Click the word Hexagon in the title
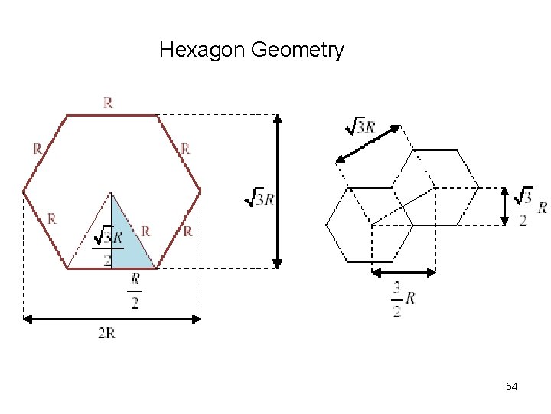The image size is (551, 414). click(202, 51)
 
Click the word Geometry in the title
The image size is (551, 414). click(297, 51)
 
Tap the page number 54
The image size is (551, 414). click(512, 387)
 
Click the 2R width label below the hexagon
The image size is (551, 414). click(106, 333)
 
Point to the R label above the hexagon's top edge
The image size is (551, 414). click(108, 103)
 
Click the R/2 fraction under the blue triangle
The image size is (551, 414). click(135, 291)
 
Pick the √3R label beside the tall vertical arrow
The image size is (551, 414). click(259, 198)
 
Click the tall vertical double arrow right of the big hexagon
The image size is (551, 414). click(277, 191)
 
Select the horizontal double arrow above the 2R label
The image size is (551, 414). click(112, 318)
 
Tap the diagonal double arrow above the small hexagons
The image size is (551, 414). click(369, 144)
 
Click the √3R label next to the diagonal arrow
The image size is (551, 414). click(360, 127)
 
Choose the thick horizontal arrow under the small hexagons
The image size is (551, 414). click(403, 271)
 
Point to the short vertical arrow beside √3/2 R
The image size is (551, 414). click(504, 205)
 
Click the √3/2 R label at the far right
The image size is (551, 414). click(530, 206)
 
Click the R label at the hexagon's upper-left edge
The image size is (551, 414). click(37, 149)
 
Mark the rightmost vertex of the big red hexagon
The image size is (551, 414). click(201, 191)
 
